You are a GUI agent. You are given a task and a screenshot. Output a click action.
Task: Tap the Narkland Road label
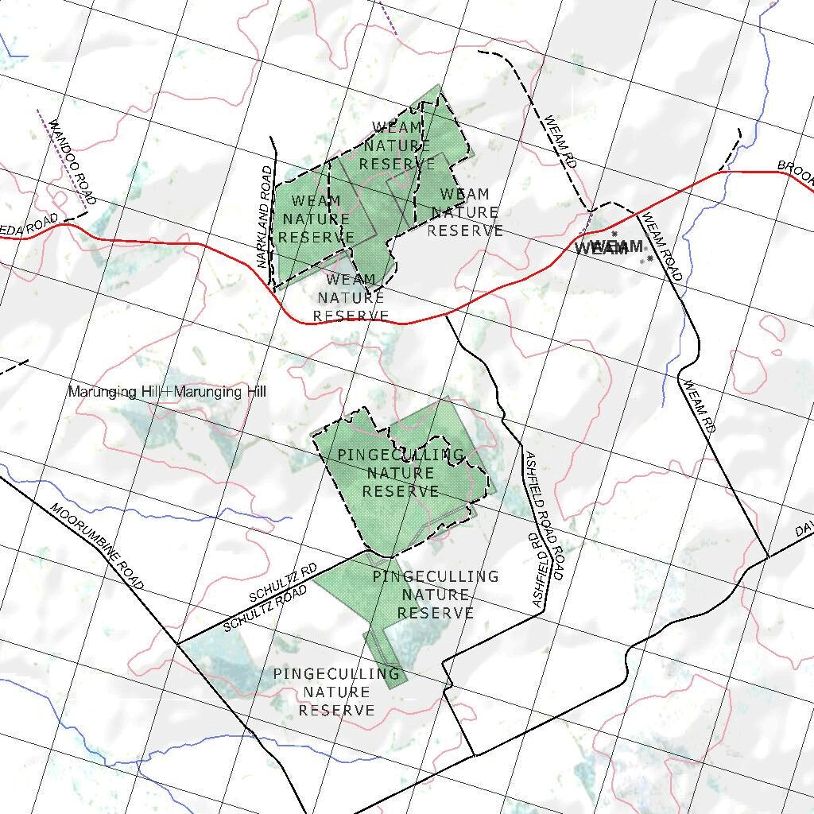click(x=265, y=217)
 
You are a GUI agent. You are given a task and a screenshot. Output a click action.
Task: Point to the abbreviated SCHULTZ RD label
click(x=283, y=583)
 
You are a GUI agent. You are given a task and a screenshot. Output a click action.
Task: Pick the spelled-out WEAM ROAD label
click(x=662, y=247)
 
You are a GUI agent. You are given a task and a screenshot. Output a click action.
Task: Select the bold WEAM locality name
click(x=609, y=247)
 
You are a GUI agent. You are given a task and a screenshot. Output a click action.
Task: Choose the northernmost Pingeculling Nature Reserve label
click(x=401, y=473)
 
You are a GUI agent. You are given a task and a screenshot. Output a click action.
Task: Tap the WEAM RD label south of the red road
click(x=700, y=406)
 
